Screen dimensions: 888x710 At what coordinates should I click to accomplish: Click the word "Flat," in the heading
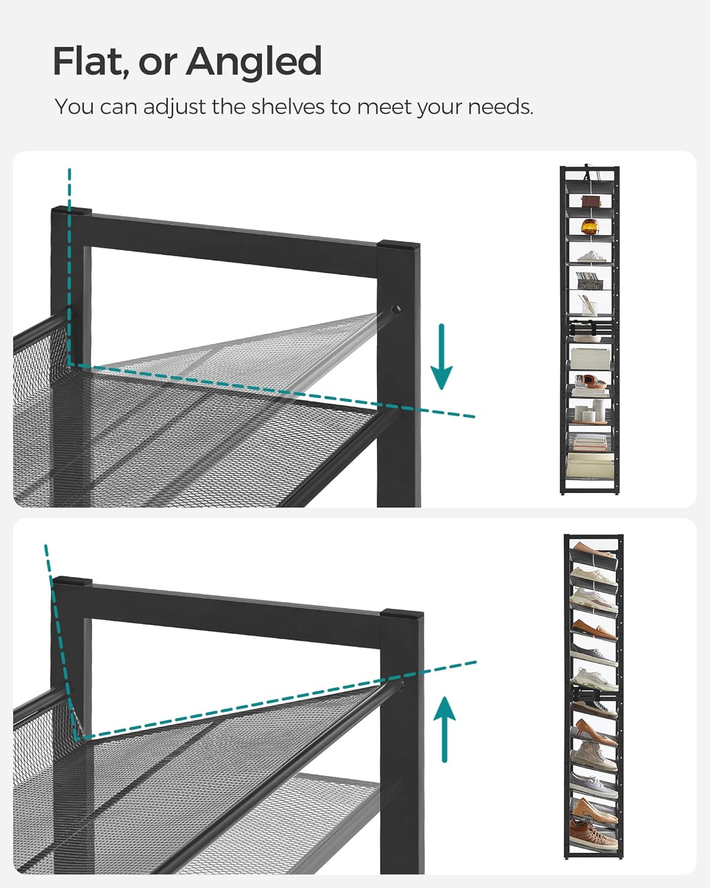click(89, 62)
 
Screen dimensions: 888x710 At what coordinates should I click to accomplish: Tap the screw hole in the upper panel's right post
click(395, 309)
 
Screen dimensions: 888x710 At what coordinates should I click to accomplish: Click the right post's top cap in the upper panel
click(399, 245)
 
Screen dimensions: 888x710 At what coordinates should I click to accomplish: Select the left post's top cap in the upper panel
click(71, 211)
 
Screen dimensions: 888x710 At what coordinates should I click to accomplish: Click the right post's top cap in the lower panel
click(402, 614)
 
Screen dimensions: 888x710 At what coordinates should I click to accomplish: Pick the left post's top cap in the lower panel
click(72, 581)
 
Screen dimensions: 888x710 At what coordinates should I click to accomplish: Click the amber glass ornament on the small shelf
click(590, 226)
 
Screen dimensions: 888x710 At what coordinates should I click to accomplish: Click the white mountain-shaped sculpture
click(589, 256)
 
